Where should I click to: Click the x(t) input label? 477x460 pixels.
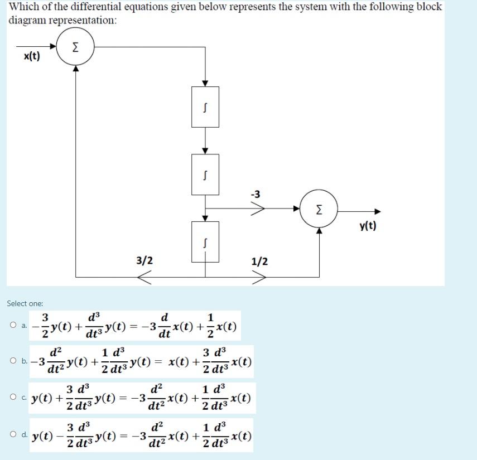[x=32, y=57]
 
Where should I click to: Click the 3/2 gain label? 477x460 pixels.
[x=144, y=260]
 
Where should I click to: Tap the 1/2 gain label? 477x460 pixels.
[x=259, y=261]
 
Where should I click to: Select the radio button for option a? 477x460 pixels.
[x=11, y=327]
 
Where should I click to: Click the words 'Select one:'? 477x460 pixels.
[x=25, y=303]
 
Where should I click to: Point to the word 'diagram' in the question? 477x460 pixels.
[x=28, y=20]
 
